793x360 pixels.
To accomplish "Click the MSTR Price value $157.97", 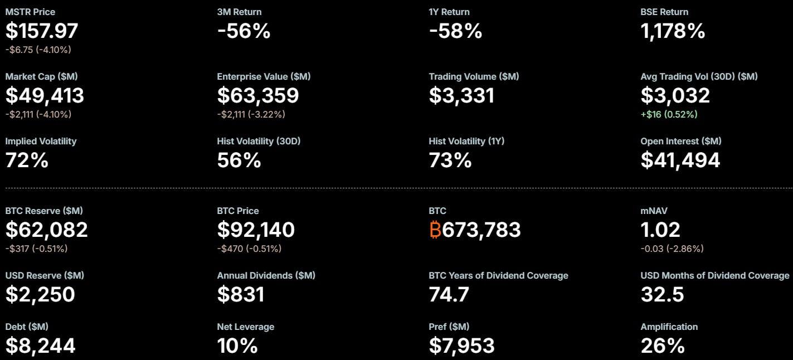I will (x=42, y=31).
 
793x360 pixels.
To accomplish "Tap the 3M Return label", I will (x=239, y=12).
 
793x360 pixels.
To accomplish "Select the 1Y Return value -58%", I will (x=455, y=31).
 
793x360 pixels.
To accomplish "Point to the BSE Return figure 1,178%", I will (x=673, y=31).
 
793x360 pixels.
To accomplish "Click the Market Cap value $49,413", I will (x=45, y=96).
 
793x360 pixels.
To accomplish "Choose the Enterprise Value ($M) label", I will (x=264, y=76).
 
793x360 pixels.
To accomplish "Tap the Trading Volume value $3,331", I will (x=461, y=96).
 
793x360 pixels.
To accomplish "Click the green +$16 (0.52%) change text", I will (x=669, y=114).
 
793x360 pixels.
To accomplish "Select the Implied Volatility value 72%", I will (x=27, y=160).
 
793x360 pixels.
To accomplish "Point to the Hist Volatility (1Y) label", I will (x=466, y=141).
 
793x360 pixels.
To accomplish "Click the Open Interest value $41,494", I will (x=680, y=160).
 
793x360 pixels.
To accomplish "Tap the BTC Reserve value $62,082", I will (x=47, y=230).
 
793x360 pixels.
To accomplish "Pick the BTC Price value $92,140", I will (x=256, y=230).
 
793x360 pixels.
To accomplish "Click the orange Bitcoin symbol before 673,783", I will (x=435, y=230).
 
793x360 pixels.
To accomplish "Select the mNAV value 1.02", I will (x=660, y=230).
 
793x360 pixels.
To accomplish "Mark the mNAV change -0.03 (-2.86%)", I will (x=672, y=249).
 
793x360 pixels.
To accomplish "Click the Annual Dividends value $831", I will (x=241, y=294).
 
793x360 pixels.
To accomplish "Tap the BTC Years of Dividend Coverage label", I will (x=498, y=275).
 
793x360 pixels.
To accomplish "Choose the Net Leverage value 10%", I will (x=237, y=346).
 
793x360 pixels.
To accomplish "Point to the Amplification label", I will (x=669, y=327).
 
